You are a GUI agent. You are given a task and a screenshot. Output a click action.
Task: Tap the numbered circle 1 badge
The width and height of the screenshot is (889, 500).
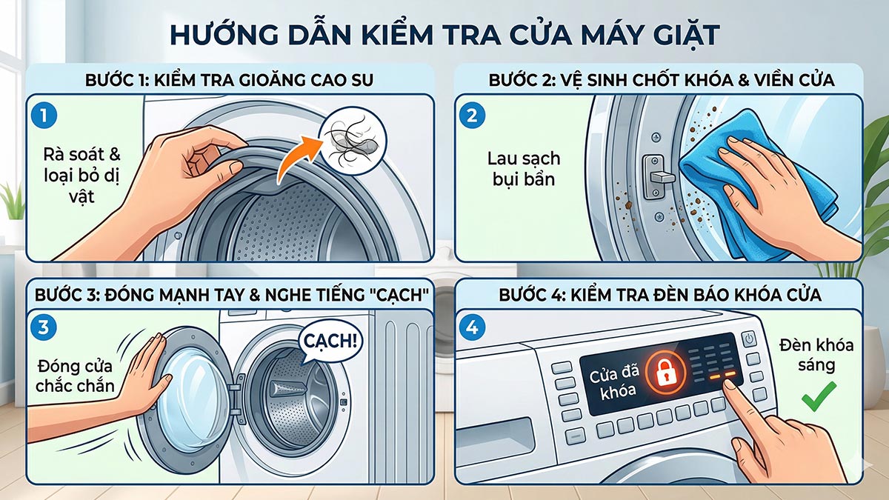tap(45, 116)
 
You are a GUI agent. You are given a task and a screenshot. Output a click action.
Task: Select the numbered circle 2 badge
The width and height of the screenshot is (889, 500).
tap(472, 116)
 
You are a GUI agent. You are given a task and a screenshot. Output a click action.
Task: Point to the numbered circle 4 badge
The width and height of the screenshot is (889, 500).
tap(472, 325)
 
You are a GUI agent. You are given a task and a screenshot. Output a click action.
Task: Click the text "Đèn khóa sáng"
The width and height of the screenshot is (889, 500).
tap(816, 355)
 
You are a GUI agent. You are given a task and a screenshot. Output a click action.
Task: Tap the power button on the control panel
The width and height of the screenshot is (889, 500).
tap(748, 339)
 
